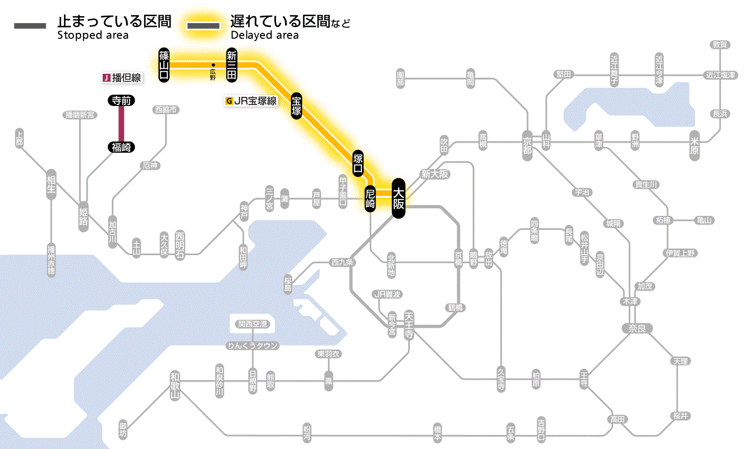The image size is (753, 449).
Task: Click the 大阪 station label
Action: (x=398, y=199)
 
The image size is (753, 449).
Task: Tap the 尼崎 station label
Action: (x=370, y=199)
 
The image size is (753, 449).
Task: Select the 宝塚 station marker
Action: (x=296, y=106)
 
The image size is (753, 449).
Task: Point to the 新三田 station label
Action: (x=232, y=65)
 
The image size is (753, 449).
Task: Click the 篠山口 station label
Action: (x=164, y=65)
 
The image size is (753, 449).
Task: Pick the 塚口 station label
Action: (x=358, y=164)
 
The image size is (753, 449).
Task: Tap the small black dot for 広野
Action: (x=213, y=66)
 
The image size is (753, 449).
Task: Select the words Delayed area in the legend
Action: (x=265, y=36)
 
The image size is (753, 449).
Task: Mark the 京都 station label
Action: (x=528, y=142)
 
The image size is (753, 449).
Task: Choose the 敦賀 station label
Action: (x=720, y=45)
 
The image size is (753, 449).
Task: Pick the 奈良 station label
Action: (x=637, y=328)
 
